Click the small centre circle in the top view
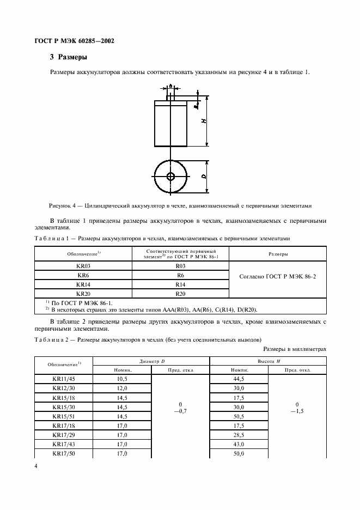click(x=170, y=176)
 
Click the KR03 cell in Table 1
click(x=83, y=266)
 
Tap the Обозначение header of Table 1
click(x=83, y=254)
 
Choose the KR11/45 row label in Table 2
click(x=64, y=379)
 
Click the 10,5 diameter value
click(x=121, y=379)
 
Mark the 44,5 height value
click(x=240, y=379)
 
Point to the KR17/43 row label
click(x=64, y=445)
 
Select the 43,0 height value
click(x=240, y=445)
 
